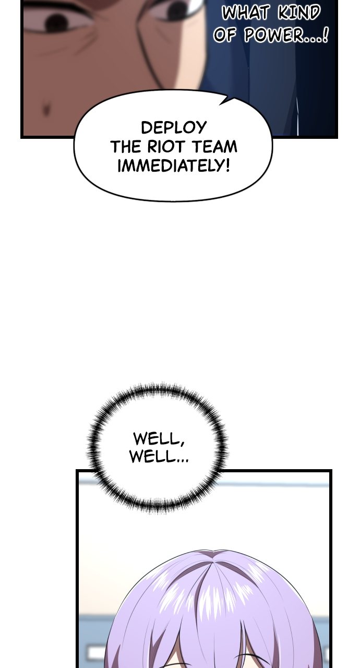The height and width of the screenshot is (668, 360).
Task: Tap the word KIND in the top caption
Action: [x=299, y=13]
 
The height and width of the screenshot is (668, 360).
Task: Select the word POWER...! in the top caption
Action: [x=286, y=35]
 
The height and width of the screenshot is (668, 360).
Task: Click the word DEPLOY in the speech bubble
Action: [x=173, y=128]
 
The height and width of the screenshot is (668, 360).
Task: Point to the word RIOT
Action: [x=167, y=147]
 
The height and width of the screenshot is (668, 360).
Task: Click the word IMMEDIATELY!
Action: [x=174, y=165]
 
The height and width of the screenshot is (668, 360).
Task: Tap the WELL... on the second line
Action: [x=159, y=456]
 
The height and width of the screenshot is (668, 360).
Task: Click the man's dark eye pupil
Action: [x=57, y=22]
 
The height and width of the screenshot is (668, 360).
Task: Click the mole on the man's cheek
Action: [x=46, y=110]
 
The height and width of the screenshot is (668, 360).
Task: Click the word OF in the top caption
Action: [x=225, y=35]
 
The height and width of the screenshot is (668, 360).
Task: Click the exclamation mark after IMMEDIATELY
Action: [x=227, y=165]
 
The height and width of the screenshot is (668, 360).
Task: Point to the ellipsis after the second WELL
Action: [x=183, y=461]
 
